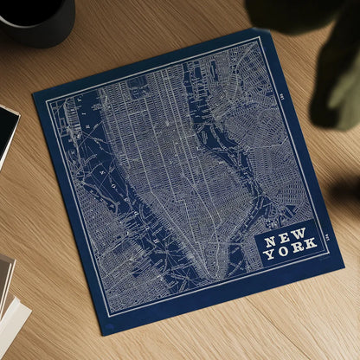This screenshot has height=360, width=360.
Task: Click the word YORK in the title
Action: [x=292, y=254]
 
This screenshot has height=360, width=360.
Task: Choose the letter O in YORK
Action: [x=284, y=255]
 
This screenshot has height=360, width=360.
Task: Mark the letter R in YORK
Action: [x=298, y=253]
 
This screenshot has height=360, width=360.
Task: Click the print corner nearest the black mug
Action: [x=34, y=90]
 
